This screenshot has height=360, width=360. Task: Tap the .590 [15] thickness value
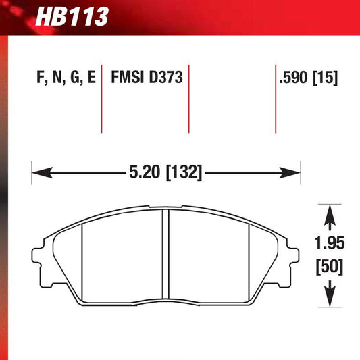pos(308,78)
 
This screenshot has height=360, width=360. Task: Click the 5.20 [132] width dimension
pos(166,172)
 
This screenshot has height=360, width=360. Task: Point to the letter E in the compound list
pos(91,78)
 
